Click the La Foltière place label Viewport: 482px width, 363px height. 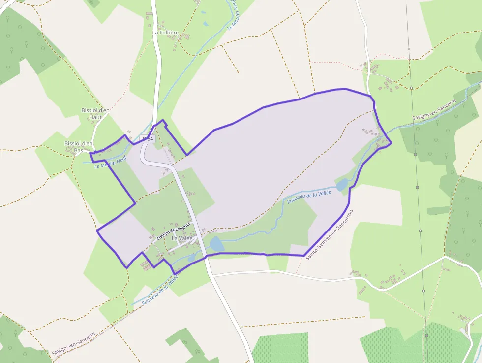coord(165,33)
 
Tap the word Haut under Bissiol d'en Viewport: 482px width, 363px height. coord(95,117)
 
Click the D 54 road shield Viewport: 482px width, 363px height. coord(148,139)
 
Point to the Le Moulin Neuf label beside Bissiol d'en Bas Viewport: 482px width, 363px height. coord(111,162)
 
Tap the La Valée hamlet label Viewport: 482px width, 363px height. coord(182,238)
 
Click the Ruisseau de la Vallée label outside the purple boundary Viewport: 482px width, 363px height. coord(159,291)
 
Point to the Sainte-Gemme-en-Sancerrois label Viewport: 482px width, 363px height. coord(330,234)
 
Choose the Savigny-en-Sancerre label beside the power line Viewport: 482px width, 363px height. coord(434,110)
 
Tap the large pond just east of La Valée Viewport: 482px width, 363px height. coord(216,244)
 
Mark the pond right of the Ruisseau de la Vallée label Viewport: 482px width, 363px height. coord(342,185)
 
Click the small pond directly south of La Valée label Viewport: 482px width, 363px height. coord(191,258)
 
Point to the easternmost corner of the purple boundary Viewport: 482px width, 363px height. coord(392,144)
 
